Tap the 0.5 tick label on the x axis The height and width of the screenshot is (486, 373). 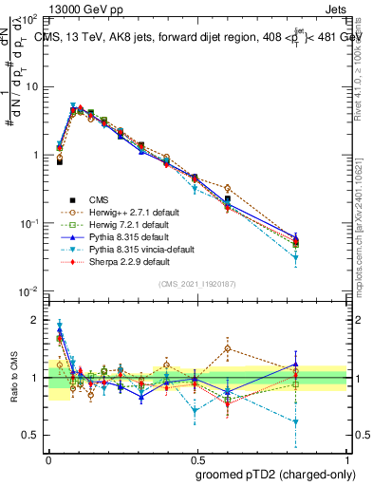pyautogui.click(x=196, y=457)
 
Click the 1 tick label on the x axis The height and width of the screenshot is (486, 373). pyautogui.click(x=346, y=457)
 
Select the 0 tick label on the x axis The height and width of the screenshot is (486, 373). pyautogui.click(x=47, y=457)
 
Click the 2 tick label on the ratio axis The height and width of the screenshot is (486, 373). pyautogui.click(x=36, y=320)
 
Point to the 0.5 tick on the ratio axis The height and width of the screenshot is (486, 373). pyautogui.click(x=32, y=435)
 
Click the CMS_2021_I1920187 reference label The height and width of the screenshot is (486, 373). pyautogui.click(x=196, y=284)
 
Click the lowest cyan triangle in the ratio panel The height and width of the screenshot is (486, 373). pyautogui.click(x=325, y=422)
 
